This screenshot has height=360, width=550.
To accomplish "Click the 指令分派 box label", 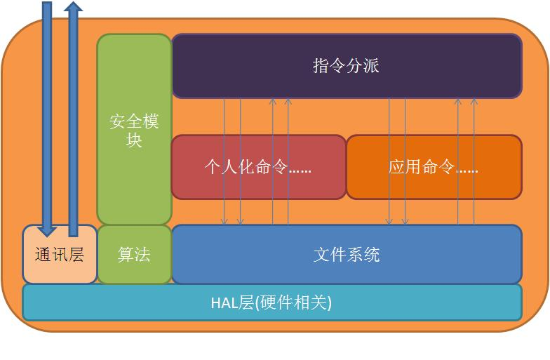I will pos(346,66).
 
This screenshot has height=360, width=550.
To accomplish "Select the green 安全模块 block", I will pos(134,130).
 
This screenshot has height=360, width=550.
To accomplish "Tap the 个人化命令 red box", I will pos(258,167).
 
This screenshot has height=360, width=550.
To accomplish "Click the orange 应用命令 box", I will pos(434,167).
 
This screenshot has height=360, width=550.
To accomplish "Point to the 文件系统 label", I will pos(347,254).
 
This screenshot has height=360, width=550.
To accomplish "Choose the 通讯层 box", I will pos(60,254).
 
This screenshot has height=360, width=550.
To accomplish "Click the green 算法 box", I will pos(134,254).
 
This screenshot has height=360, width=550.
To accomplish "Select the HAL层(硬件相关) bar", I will pos(272,302).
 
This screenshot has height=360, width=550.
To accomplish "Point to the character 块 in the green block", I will pos(134,140).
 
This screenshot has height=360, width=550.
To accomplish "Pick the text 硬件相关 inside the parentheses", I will pos(294,303).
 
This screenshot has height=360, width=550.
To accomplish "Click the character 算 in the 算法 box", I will pos(126,254).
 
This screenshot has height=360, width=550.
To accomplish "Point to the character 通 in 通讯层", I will pos(43,254).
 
